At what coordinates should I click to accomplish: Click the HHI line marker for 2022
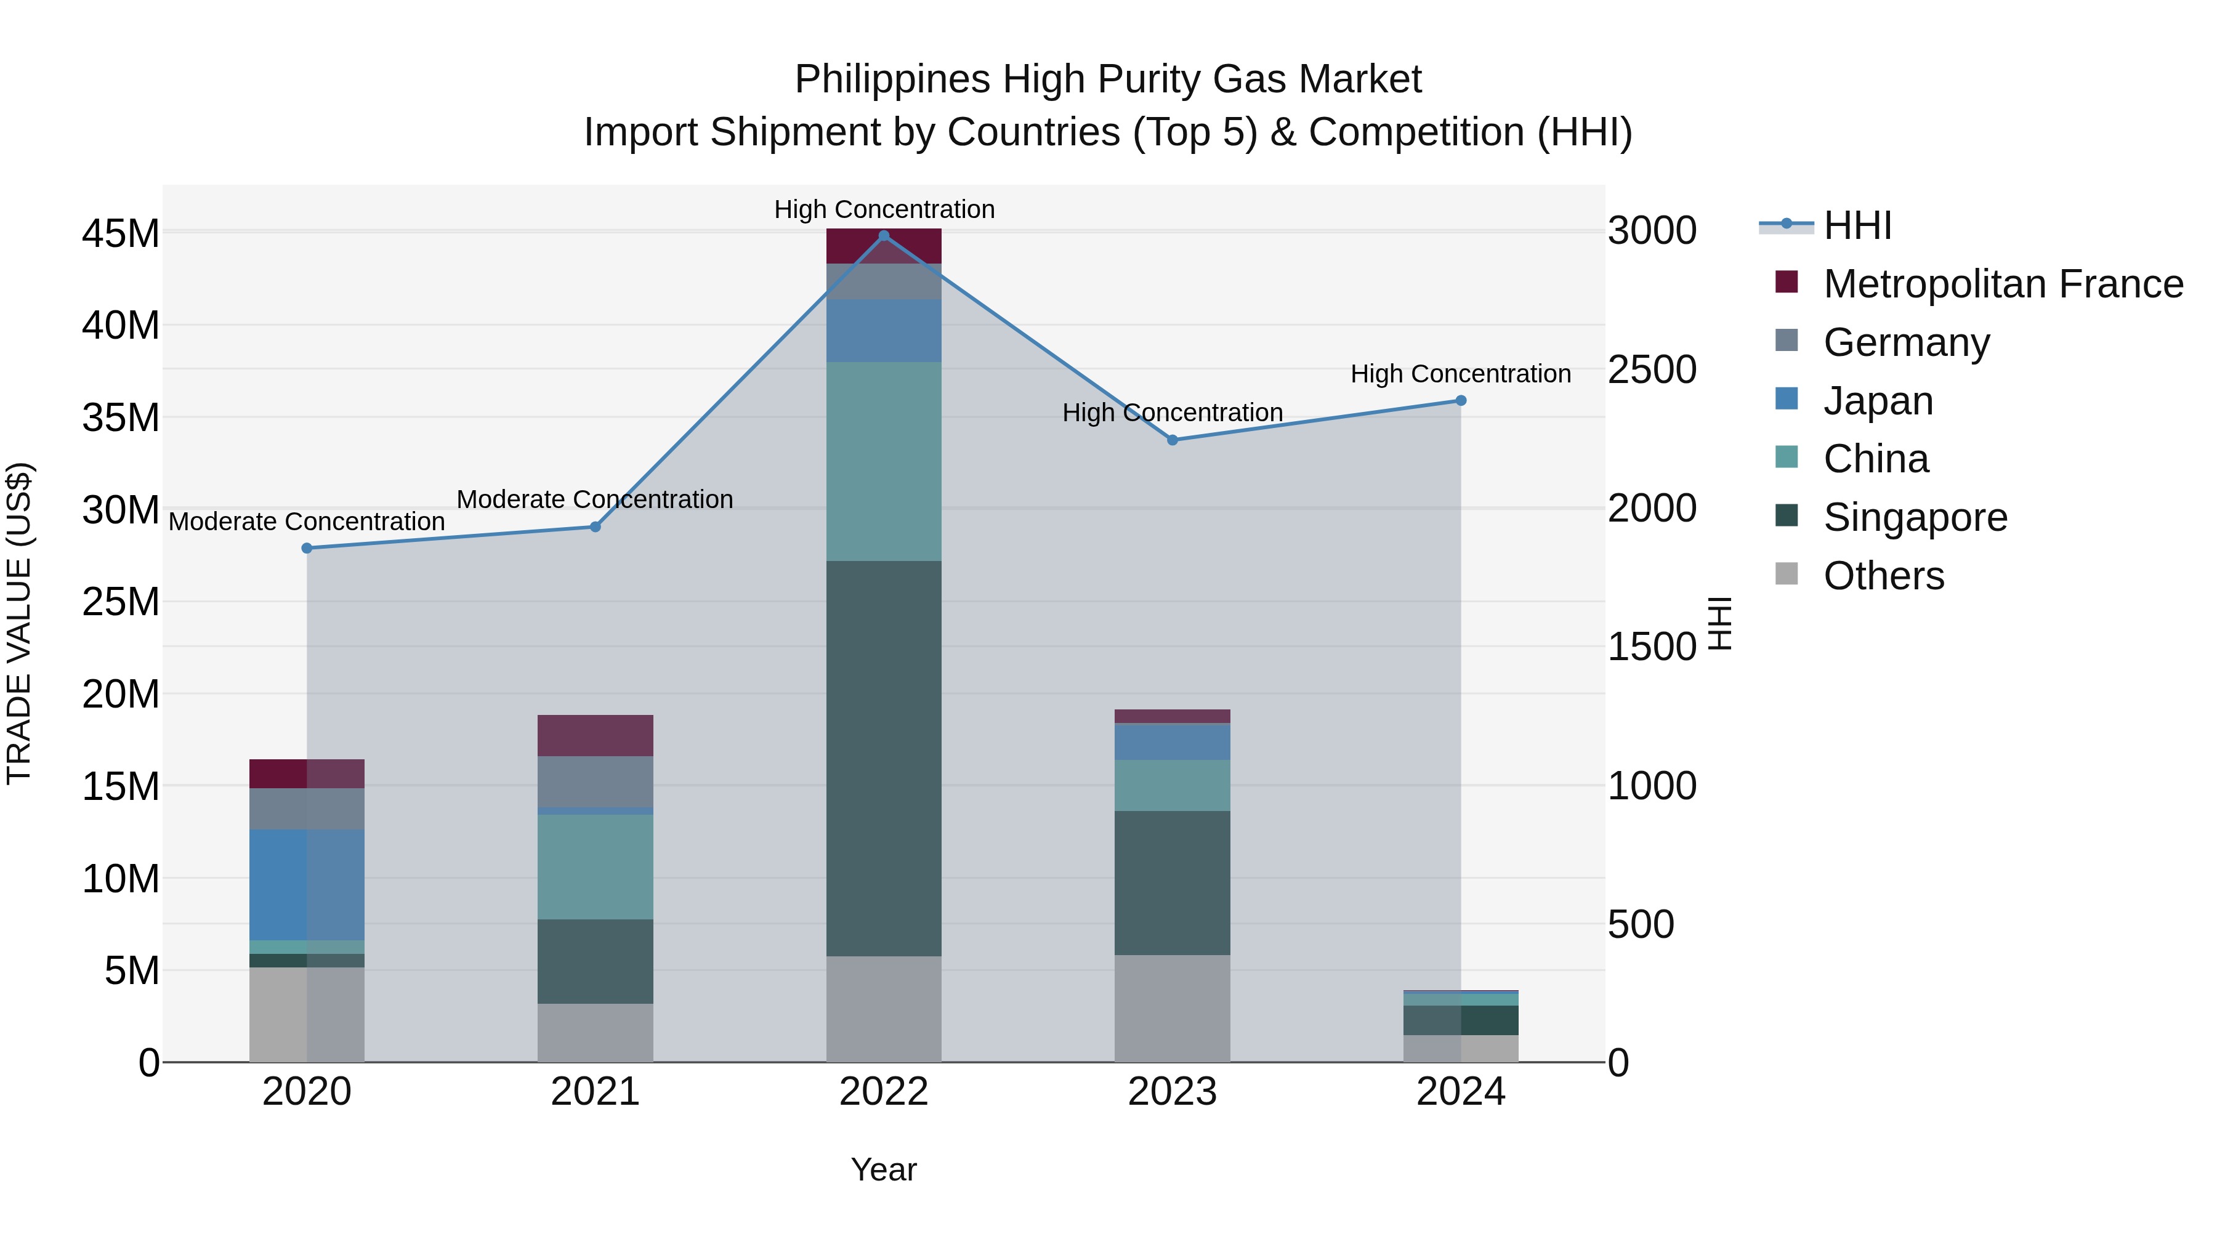pyautogui.click(x=883, y=236)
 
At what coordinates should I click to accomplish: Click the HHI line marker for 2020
pyautogui.click(x=307, y=548)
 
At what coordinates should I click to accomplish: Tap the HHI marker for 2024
pyautogui.click(x=1461, y=401)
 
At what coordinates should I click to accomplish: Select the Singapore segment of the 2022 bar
pyautogui.click(x=883, y=757)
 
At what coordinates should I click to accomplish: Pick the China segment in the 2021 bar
pyautogui.click(x=595, y=866)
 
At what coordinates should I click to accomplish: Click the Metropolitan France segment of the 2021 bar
pyautogui.click(x=595, y=735)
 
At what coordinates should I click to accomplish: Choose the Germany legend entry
pyautogui.click(x=1905, y=342)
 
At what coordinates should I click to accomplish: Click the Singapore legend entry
pyautogui.click(x=1914, y=517)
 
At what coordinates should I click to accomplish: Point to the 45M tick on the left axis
pyautogui.click(x=121, y=234)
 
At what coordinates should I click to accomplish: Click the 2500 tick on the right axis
pyautogui.click(x=1652, y=370)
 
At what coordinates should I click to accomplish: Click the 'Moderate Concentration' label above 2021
pyautogui.click(x=595, y=499)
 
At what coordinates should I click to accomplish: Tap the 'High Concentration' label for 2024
pyautogui.click(x=1461, y=374)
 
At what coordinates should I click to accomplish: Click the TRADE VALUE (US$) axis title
pyautogui.click(x=19, y=623)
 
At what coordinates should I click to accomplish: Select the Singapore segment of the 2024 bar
pyautogui.click(x=1461, y=1020)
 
